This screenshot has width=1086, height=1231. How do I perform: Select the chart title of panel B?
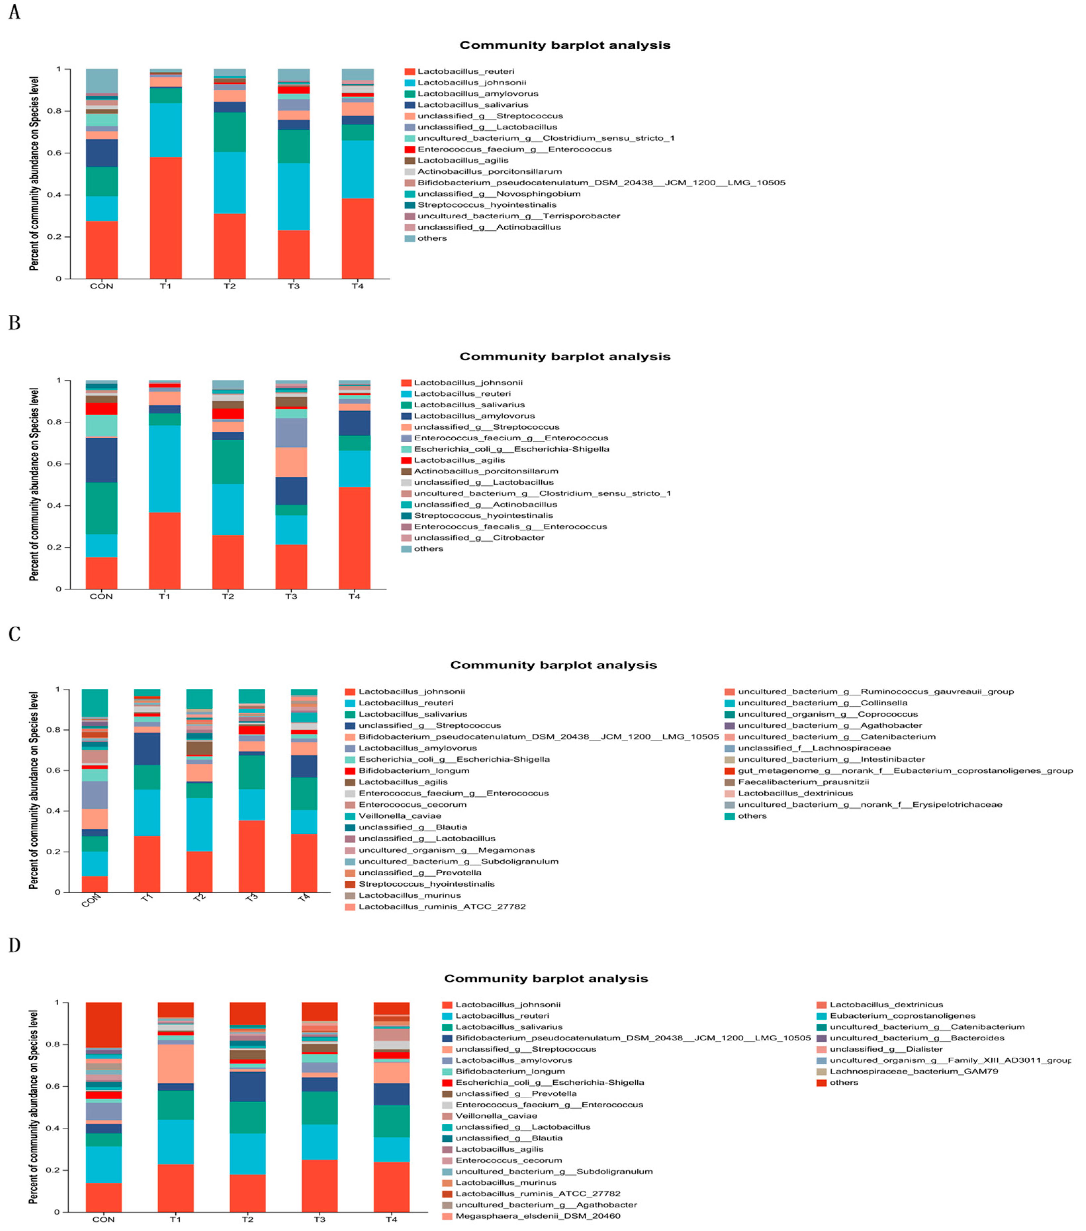click(x=565, y=357)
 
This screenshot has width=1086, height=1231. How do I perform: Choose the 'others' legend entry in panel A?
click(x=432, y=238)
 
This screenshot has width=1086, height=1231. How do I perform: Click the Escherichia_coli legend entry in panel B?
click(x=511, y=449)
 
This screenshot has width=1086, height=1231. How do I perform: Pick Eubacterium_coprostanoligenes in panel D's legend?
click(x=902, y=1015)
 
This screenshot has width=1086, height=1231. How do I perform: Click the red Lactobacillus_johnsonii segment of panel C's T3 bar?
click(x=252, y=855)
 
